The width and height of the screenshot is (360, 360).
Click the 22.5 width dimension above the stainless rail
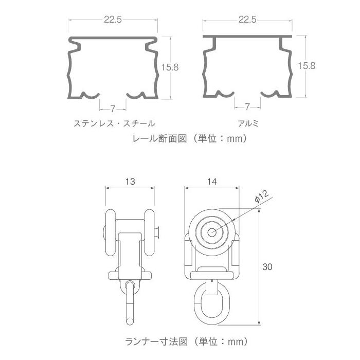[112, 20]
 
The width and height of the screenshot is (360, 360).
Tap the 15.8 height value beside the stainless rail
[169, 67]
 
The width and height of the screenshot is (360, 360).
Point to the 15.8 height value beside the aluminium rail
[307, 65]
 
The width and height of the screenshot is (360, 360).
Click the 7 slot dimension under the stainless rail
[112, 108]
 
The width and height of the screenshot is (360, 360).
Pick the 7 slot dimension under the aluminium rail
[247, 106]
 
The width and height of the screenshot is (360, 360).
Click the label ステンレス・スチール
[114, 123]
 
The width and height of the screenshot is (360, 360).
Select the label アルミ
[247, 123]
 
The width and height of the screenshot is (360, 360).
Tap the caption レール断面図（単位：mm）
[190, 138]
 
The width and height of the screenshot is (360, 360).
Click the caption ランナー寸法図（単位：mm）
[190, 341]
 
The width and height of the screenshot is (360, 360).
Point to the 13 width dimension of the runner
[130, 181]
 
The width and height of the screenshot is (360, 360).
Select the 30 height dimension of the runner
[267, 267]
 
